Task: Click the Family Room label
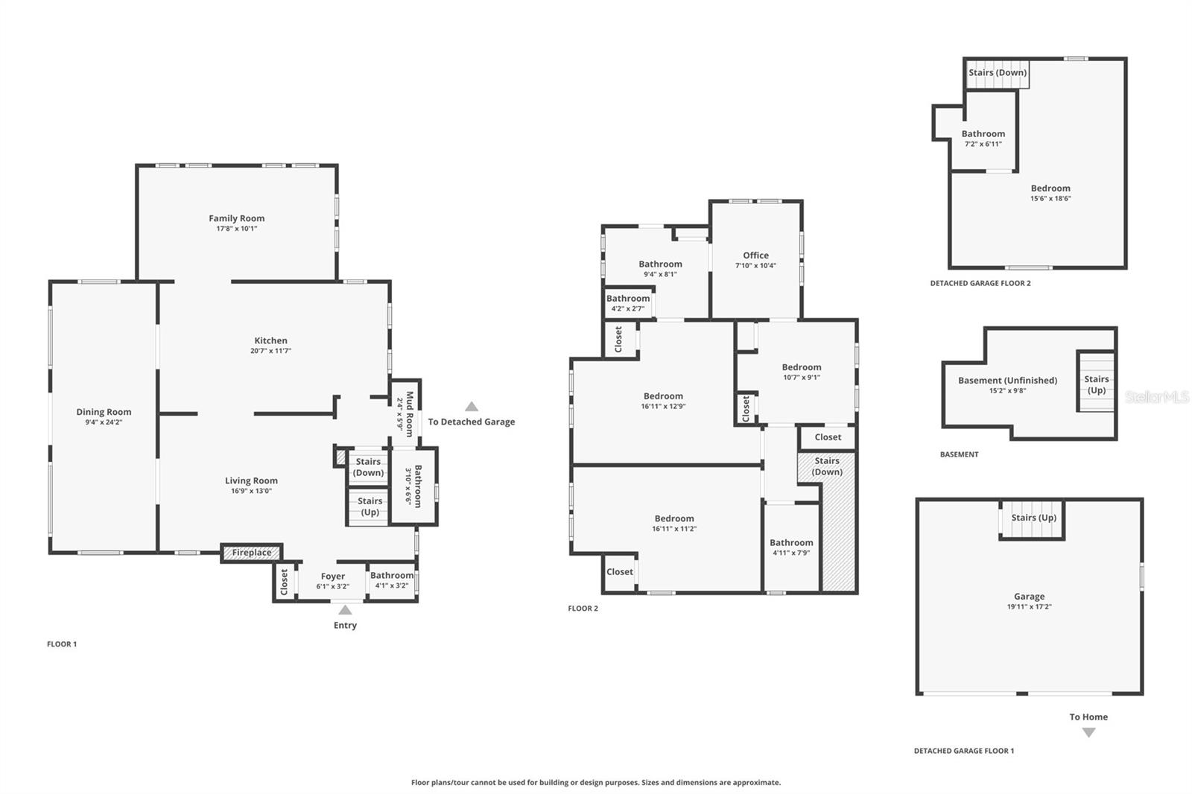pyautogui.click(x=236, y=218)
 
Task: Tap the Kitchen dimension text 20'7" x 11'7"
pyautogui.click(x=270, y=351)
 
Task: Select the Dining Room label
pyautogui.click(x=104, y=412)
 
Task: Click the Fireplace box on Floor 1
pyautogui.click(x=252, y=553)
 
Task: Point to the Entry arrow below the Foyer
pyautogui.click(x=345, y=610)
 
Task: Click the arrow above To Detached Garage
pyautogui.click(x=472, y=407)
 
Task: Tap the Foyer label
pyautogui.click(x=333, y=577)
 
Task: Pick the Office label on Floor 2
pyautogui.click(x=755, y=255)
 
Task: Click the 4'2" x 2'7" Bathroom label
pyautogui.click(x=628, y=299)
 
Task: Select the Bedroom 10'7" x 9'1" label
pyautogui.click(x=802, y=367)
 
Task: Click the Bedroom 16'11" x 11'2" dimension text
pyautogui.click(x=674, y=529)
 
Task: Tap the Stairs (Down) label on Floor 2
pyautogui.click(x=827, y=466)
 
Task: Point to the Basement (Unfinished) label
pyautogui.click(x=1007, y=381)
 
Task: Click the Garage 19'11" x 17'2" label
pyautogui.click(x=1029, y=597)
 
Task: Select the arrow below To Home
pyautogui.click(x=1088, y=733)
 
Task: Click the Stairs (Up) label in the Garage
pyautogui.click(x=1033, y=518)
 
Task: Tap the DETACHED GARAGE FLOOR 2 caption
pyautogui.click(x=980, y=283)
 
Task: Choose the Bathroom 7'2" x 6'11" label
pyautogui.click(x=983, y=134)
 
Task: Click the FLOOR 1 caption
pyautogui.click(x=62, y=644)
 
